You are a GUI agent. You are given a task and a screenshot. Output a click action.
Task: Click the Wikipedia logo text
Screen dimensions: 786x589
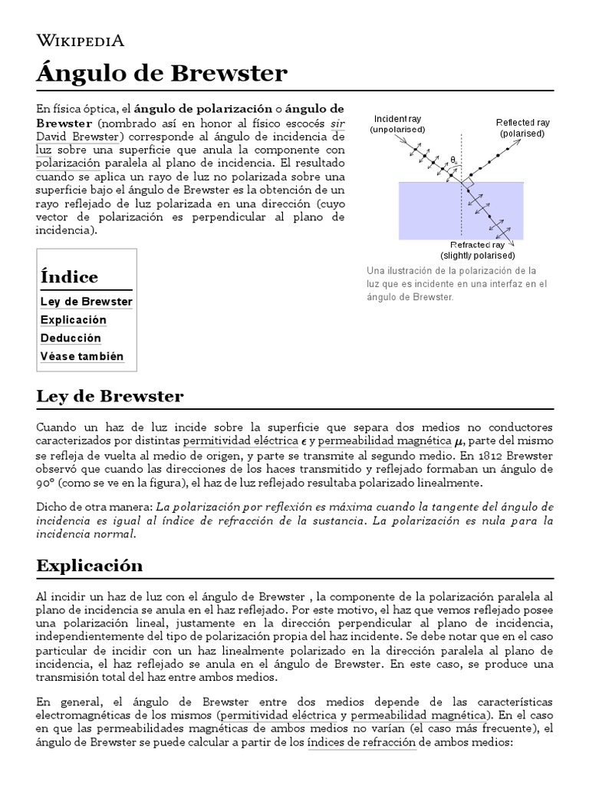[x=80, y=41]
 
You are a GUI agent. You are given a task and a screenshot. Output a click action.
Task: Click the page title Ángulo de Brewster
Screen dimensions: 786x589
[x=162, y=74]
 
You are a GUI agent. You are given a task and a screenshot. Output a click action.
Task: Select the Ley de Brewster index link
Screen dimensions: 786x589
[x=86, y=302]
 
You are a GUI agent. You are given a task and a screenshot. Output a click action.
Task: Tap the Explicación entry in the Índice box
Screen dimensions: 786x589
[x=74, y=320]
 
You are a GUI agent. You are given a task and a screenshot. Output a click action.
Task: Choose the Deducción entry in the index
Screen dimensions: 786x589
[x=71, y=339]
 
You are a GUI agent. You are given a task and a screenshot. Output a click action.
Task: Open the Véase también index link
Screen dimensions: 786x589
[x=82, y=357]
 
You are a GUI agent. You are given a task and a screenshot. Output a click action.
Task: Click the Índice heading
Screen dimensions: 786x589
[x=69, y=277]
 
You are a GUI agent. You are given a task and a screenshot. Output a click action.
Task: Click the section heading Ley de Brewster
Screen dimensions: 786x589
[x=110, y=397]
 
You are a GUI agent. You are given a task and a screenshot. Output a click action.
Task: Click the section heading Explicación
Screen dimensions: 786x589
[x=90, y=566]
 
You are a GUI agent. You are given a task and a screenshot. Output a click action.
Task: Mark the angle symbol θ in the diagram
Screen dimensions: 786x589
[x=453, y=160]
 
